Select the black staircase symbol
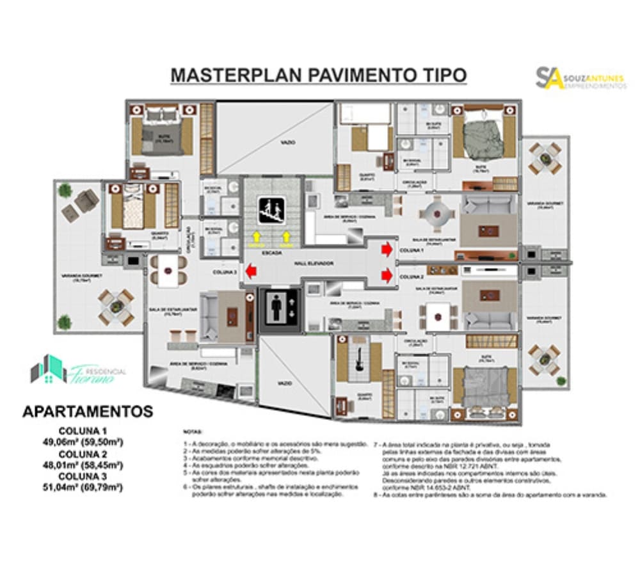[271, 211]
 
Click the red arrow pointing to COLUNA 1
[387, 250]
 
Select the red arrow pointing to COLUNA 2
[387, 276]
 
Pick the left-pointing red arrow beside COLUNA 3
[252, 273]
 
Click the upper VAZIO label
[287, 142]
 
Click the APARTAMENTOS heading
[88, 411]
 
